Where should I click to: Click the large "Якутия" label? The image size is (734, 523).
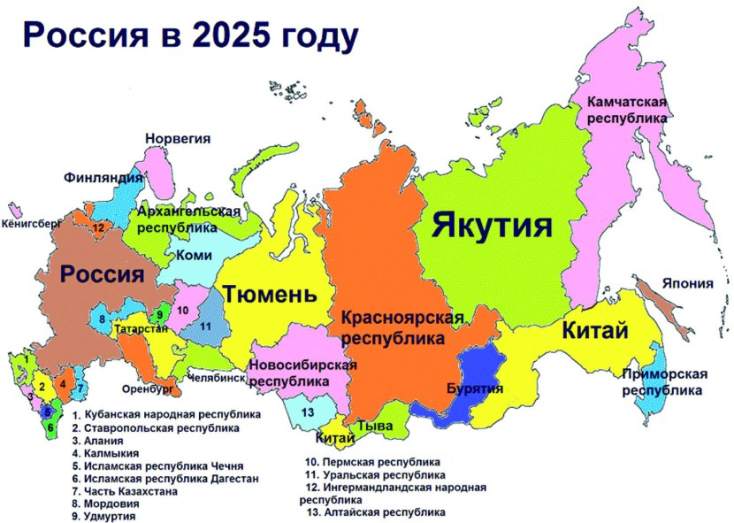(492, 226)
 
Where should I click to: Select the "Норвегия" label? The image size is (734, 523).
(178, 139)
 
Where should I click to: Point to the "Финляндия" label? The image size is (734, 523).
(103, 177)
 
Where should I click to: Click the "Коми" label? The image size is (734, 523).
(195, 255)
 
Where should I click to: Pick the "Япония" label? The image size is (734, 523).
(686, 283)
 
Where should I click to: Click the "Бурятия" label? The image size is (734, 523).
(475, 388)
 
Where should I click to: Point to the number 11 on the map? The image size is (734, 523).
(205, 327)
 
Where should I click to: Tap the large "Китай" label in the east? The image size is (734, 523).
(594, 333)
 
